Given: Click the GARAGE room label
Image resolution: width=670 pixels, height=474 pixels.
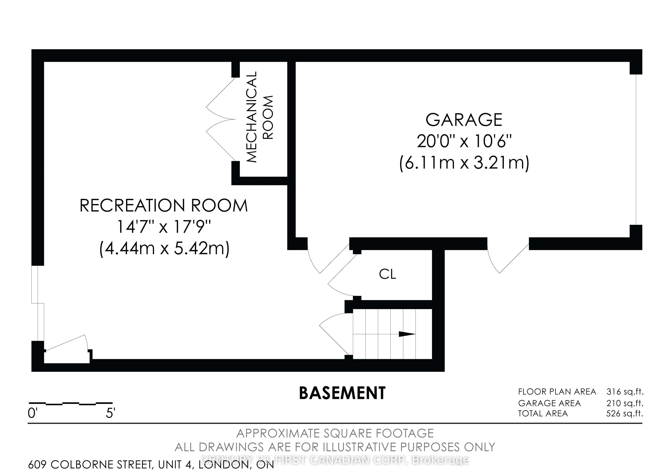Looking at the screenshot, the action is point(464,120).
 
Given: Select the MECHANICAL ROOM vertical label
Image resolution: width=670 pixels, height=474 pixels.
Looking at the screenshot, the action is point(260,117).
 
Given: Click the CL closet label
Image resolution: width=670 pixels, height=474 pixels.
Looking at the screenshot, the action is point(388,274).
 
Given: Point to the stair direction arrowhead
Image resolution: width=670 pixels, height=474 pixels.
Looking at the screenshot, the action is point(407,334).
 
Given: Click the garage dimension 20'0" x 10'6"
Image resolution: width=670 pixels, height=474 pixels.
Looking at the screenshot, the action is point(464,141).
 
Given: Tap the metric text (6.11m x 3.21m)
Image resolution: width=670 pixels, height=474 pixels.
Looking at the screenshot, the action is point(464,163).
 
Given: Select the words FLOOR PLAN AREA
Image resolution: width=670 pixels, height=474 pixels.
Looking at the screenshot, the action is point(557,392).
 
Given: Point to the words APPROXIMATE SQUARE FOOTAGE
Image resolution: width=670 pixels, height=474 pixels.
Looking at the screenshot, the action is point(335,433).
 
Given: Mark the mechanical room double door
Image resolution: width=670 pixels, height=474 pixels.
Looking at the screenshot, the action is point(221,119).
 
